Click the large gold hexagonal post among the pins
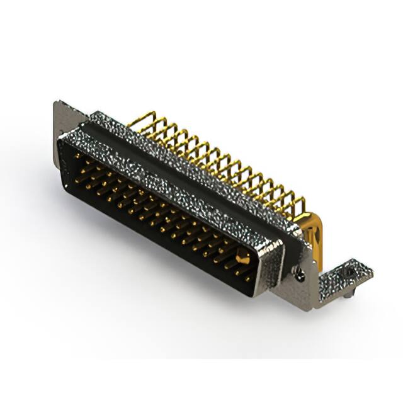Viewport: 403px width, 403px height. point(242,255)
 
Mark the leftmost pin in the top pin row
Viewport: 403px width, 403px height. point(78,154)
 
